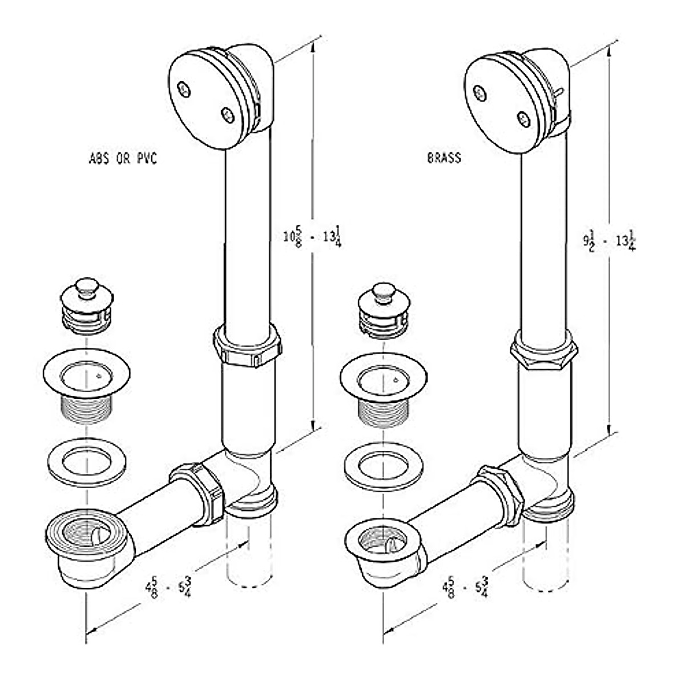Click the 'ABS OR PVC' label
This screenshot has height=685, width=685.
123,159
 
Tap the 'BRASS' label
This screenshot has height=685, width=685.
444,158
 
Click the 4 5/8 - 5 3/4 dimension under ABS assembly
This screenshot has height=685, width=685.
168,587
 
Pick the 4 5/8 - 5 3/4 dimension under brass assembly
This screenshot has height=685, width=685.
465,587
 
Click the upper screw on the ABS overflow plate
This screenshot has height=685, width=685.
184,89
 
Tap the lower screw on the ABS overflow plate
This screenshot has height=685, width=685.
228,115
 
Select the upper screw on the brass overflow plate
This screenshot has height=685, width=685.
480,93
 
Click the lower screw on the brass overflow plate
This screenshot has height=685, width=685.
523,119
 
